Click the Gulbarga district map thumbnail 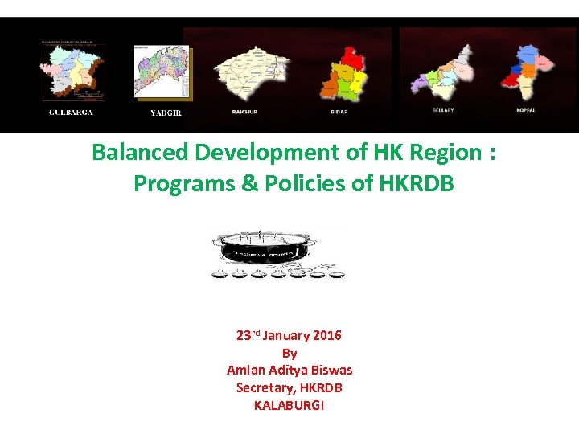(73, 72)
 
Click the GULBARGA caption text (71, 113)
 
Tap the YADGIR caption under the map (166, 113)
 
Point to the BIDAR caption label (339, 112)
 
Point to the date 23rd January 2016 (289, 335)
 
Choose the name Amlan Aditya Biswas (289, 371)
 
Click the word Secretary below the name (263, 387)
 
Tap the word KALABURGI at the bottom (289, 405)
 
